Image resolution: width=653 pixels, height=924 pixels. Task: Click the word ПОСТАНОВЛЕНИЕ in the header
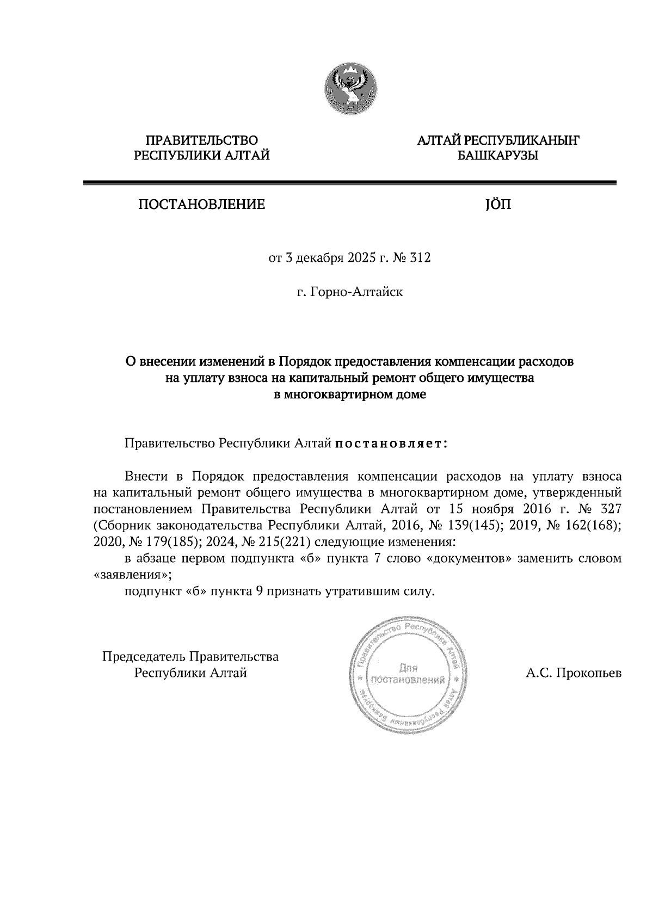201,205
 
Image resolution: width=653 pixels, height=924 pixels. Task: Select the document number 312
421,258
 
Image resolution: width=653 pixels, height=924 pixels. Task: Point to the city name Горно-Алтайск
356,292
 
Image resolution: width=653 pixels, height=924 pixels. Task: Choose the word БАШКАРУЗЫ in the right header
498,157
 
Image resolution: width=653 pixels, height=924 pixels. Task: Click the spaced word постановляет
391,443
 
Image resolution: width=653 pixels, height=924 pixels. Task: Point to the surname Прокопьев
588,673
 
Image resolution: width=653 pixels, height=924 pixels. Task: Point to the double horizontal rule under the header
349,183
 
